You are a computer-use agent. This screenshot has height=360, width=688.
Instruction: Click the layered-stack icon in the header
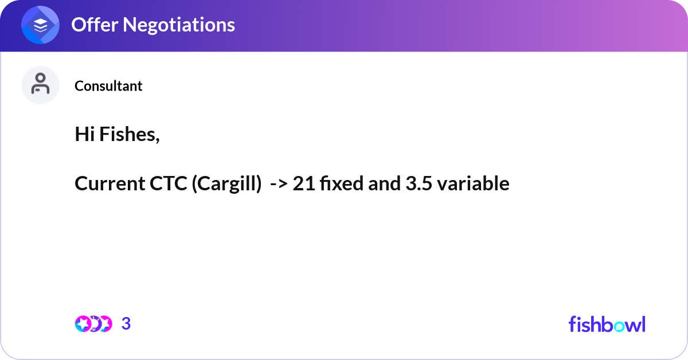click(x=41, y=25)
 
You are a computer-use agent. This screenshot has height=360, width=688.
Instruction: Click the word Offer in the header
click(x=94, y=25)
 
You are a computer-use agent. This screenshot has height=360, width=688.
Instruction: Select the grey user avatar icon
click(x=40, y=85)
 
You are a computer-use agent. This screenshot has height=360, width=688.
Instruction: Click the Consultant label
click(x=108, y=86)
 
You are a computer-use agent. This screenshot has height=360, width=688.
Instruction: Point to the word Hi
click(x=85, y=135)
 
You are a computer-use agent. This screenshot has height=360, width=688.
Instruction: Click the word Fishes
click(x=130, y=135)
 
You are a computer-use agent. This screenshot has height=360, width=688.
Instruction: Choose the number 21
click(x=302, y=184)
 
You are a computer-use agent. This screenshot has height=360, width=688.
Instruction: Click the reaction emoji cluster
click(x=93, y=324)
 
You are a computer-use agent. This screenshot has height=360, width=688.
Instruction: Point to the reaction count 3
click(x=126, y=324)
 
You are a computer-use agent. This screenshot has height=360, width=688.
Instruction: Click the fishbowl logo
click(x=607, y=324)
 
